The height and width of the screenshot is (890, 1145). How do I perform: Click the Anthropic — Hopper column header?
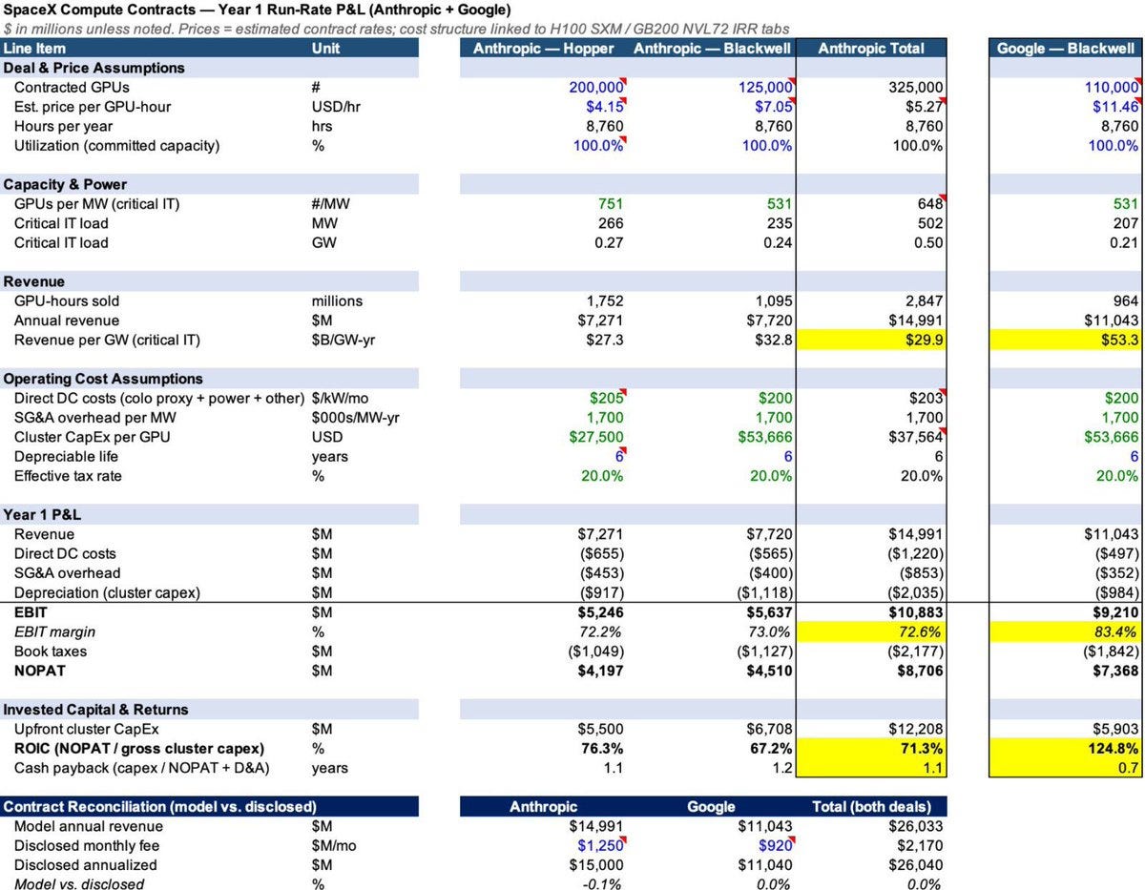[x=543, y=49]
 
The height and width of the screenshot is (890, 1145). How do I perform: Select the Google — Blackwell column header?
[x=1065, y=49]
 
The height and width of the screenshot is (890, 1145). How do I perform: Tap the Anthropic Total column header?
[x=871, y=49]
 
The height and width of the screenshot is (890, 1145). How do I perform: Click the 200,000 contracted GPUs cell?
[x=596, y=88]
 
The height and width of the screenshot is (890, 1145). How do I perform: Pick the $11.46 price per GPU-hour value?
[x=1115, y=107]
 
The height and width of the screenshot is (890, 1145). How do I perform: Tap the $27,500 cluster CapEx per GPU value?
[x=596, y=437]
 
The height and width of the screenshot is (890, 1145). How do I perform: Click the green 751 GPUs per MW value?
[x=610, y=204]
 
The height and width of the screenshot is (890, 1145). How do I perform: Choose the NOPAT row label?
[x=39, y=671]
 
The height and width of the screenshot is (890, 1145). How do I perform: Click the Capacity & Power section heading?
[x=65, y=184]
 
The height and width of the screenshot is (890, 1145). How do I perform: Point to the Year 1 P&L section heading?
[x=42, y=514]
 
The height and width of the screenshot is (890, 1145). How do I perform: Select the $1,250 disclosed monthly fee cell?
[x=600, y=845]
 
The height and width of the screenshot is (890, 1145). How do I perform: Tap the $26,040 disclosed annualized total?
[x=915, y=865]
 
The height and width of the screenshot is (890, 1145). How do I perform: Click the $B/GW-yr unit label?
[x=343, y=340]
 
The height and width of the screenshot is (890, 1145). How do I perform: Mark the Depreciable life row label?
[x=66, y=457]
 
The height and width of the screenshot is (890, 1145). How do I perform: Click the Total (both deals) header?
[x=871, y=807]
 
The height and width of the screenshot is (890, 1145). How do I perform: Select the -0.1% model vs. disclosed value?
[x=601, y=883]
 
